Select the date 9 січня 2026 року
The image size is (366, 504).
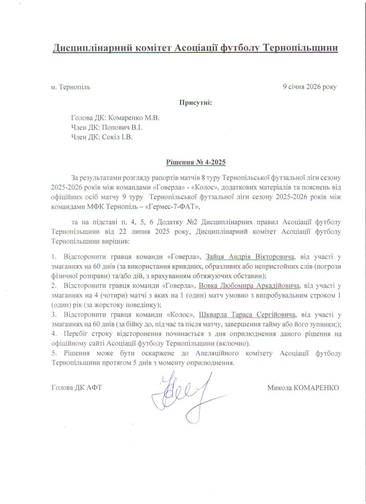(x=310, y=87)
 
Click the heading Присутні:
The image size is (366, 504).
(x=196, y=102)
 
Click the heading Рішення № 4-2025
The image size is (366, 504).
(x=196, y=162)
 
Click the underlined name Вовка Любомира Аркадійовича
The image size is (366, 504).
(x=250, y=286)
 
